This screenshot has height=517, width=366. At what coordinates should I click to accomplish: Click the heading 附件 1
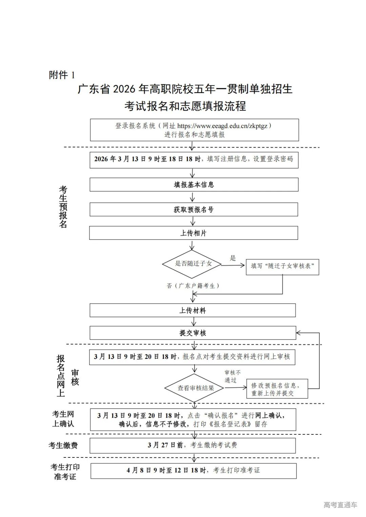pyautogui.click(x=62, y=75)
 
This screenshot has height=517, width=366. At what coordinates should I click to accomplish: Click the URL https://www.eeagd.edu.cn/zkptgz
pyautogui.click(x=222, y=126)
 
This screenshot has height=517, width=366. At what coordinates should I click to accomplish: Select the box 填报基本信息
pyautogui.click(x=194, y=185)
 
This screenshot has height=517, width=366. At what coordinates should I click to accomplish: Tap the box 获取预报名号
pyautogui.click(x=194, y=210)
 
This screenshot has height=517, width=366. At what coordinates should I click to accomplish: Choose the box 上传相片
pyautogui.click(x=194, y=233)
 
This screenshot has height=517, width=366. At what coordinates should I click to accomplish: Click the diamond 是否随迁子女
pyautogui.click(x=192, y=264)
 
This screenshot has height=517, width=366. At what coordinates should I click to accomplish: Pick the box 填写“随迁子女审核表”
pyautogui.click(x=282, y=266)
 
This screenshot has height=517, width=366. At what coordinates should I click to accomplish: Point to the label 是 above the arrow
pyautogui.click(x=233, y=258)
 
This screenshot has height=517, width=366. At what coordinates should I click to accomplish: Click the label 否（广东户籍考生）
pyautogui.click(x=194, y=286)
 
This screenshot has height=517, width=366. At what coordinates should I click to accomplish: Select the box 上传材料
pyautogui.click(x=192, y=310)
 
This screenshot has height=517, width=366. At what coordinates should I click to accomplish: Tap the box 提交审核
pyautogui.click(x=193, y=333)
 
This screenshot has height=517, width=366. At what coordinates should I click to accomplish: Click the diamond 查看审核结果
pyautogui.click(x=195, y=388)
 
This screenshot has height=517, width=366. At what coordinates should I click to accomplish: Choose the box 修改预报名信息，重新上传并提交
pyautogui.click(x=277, y=389)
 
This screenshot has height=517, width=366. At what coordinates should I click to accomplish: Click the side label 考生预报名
pyautogui.click(x=63, y=207)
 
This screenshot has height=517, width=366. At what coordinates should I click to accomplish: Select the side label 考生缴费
pyautogui.click(x=63, y=446)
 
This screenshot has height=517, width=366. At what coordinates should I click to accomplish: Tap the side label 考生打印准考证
pyautogui.click(x=65, y=472)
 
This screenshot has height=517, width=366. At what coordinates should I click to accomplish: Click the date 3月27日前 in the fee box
pyautogui.click(x=163, y=445)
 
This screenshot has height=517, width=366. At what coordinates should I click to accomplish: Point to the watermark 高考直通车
pyautogui.click(x=340, y=505)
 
